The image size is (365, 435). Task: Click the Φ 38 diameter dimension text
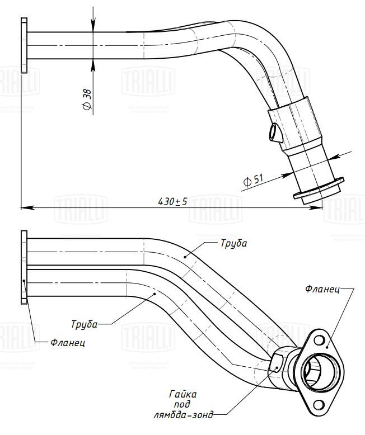pyautogui.click(x=87, y=99)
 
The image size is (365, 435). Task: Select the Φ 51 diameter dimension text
pyautogui.click(x=254, y=180)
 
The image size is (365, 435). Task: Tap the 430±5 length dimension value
pyautogui.click(x=172, y=201)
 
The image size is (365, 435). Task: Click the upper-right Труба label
pyautogui.click(x=233, y=244)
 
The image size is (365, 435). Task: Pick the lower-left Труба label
pyautogui.click(x=85, y=324)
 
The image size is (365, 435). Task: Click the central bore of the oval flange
pyautogui.click(x=313, y=371)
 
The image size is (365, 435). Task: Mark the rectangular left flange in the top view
pyautogui.click(x=24, y=45)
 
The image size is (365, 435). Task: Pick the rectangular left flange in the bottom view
pyautogui.click(x=24, y=267)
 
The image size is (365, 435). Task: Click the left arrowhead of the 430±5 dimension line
pyautogui.click(x=25, y=207)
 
